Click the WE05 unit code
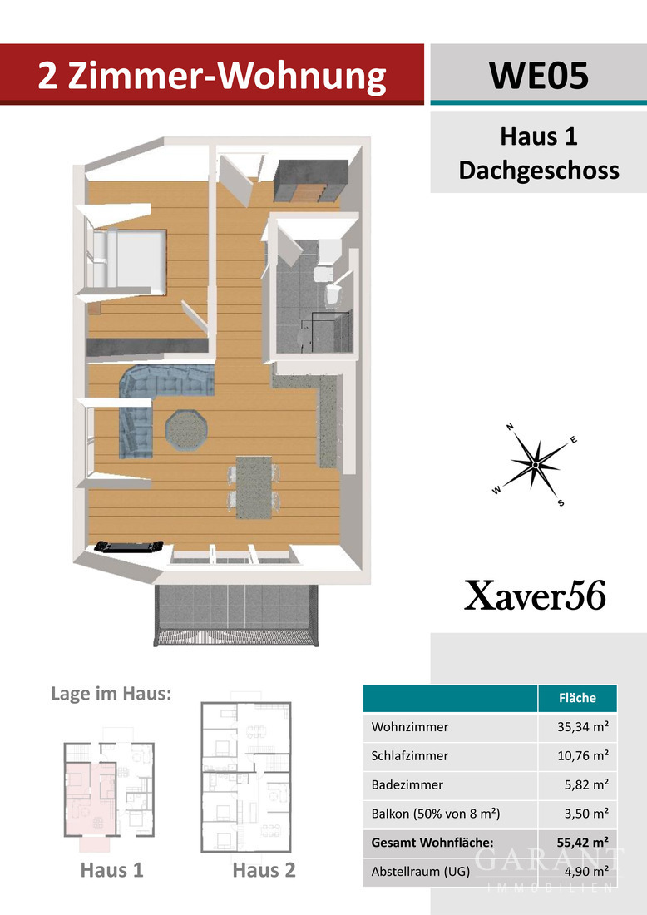(538, 75)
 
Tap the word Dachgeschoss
(539, 171)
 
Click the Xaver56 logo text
(535, 596)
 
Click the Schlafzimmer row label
(410, 756)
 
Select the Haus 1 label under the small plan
(111, 871)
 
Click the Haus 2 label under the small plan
(264, 871)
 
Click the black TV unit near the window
(127, 547)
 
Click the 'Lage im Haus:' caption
(111, 694)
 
